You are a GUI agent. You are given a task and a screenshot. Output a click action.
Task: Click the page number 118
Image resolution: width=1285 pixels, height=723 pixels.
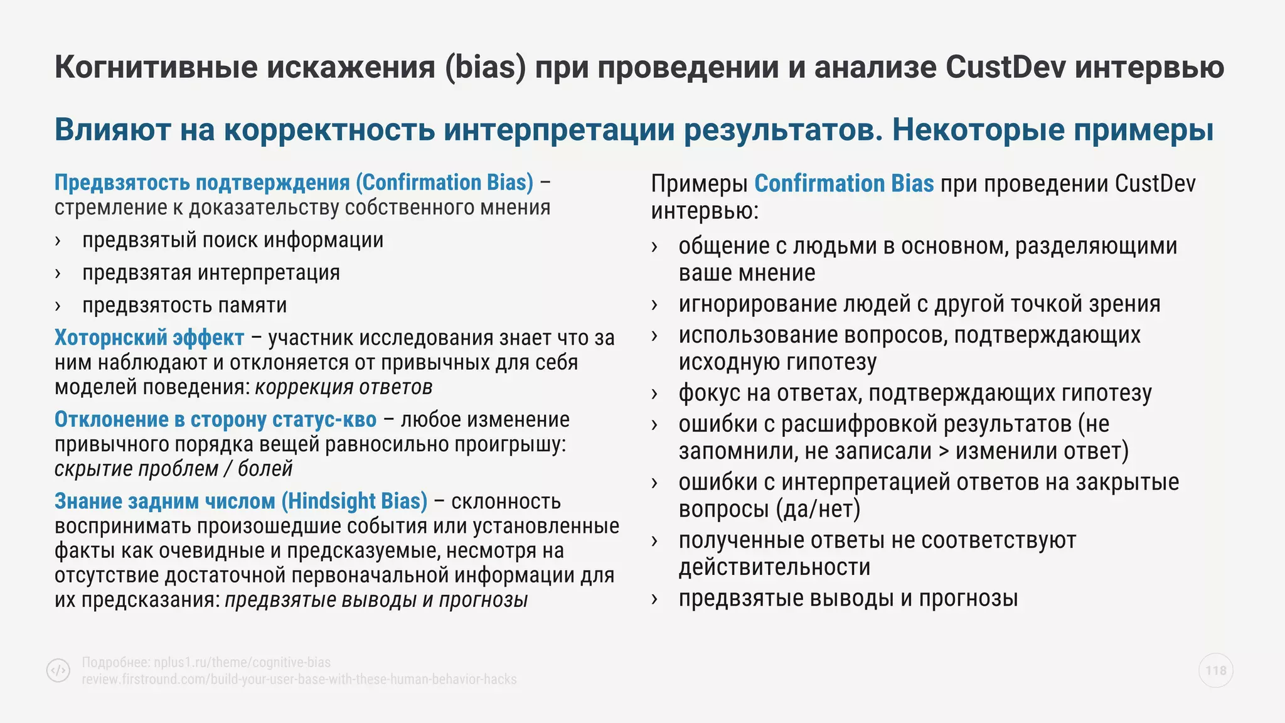[1215, 670]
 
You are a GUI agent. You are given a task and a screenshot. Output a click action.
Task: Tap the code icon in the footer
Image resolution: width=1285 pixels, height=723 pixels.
[58, 670]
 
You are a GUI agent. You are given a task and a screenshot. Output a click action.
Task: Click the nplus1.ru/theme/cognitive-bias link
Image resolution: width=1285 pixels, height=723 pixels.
[242, 662]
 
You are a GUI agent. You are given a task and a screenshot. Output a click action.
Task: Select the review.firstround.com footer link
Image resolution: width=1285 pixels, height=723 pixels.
[299, 679]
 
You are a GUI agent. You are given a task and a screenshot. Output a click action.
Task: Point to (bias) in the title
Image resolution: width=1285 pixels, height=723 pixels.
[486, 67]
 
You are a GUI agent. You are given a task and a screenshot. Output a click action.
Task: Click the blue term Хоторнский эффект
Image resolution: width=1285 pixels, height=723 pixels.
[149, 338]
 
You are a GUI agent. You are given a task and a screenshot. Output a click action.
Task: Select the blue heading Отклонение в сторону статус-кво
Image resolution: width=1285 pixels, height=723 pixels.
[215, 419]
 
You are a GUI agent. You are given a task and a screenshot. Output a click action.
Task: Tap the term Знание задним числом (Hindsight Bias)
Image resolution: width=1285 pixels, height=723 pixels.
[240, 501]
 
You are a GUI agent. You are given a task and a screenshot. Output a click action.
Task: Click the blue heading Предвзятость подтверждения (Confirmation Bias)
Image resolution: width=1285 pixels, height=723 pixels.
[294, 183]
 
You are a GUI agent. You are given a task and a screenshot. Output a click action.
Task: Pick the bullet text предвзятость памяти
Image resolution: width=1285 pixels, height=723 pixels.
[184, 306]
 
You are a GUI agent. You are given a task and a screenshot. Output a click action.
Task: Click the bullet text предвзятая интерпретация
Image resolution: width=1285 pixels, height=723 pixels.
[211, 273]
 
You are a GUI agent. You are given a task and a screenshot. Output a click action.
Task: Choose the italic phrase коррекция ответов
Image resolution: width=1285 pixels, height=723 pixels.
[343, 387]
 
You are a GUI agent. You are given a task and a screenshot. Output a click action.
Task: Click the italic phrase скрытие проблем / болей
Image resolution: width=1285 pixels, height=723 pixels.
[173, 469]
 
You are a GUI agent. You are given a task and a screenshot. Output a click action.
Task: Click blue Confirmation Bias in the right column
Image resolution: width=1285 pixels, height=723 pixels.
[843, 184]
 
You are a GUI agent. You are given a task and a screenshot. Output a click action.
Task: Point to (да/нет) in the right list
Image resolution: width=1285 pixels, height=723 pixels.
[818, 509]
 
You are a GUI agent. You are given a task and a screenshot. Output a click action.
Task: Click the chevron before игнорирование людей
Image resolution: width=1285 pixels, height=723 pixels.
[654, 305]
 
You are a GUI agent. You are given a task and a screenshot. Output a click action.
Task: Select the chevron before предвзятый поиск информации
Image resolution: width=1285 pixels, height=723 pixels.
[58, 241]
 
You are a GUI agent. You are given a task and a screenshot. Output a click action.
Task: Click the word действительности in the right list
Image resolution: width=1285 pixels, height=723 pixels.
[774, 567]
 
